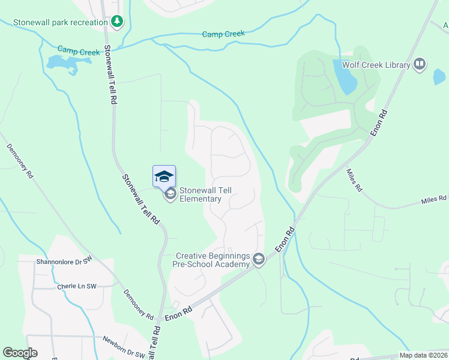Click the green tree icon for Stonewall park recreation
coord(118,22)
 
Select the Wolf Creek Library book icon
coord(420,64)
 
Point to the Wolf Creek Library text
coord(376,65)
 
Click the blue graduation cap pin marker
coord(164,176)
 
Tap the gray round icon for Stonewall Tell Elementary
coord(170,193)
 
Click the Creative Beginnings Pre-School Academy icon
coord(259,259)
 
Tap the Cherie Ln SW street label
coord(76,286)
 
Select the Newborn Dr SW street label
coord(123,347)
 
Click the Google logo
coord(20,353)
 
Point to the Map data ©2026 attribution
coord(423,355)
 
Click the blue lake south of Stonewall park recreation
coord(62,64)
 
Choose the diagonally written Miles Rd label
coord(354,179)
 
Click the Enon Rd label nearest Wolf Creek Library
coord(379,123)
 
